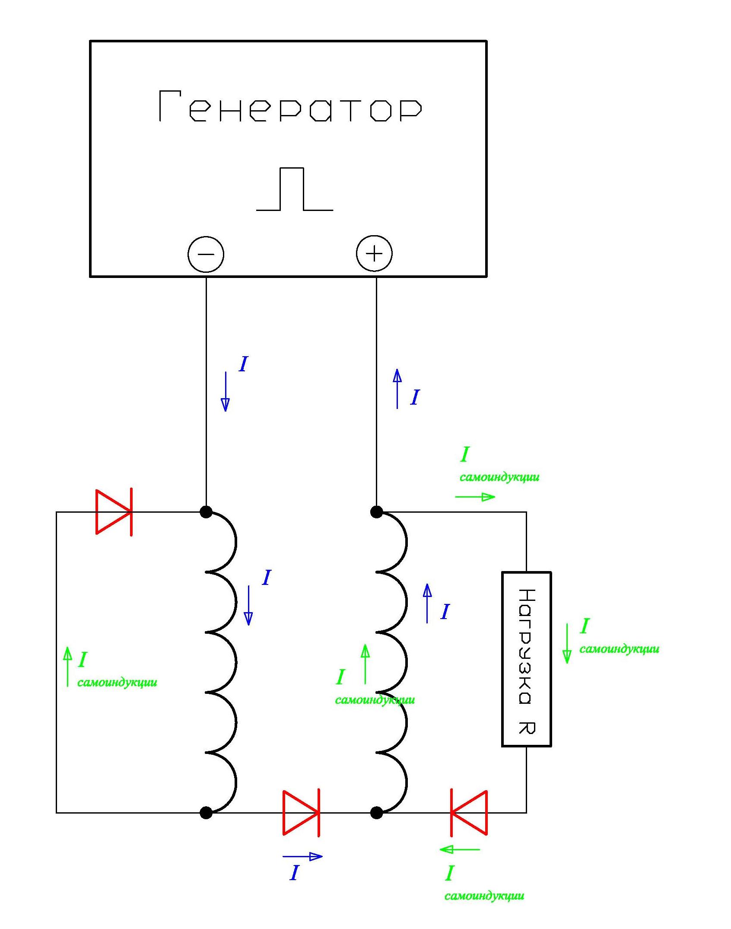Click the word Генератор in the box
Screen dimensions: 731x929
290,106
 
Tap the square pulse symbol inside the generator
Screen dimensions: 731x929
295,189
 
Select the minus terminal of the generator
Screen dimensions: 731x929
206,254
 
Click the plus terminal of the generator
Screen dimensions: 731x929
374,253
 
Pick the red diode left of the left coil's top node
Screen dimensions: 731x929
114,512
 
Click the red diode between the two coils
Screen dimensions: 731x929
301,813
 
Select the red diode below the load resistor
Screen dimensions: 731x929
469,813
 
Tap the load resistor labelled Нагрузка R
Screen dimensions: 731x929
526,659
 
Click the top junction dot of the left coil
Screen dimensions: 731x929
206,512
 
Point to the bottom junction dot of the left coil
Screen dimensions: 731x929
206,813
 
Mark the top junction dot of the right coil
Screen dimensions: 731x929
376,512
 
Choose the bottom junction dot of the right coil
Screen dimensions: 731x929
376,813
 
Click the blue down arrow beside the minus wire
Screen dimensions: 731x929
225,391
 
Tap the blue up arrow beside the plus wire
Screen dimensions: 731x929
397,389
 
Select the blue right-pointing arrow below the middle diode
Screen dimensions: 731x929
302,856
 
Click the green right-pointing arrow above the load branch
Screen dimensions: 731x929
475,497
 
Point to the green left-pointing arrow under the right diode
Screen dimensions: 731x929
460,849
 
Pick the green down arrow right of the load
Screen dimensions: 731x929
567,643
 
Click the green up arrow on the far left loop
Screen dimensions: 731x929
67,666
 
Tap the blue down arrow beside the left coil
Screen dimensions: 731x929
248,605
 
